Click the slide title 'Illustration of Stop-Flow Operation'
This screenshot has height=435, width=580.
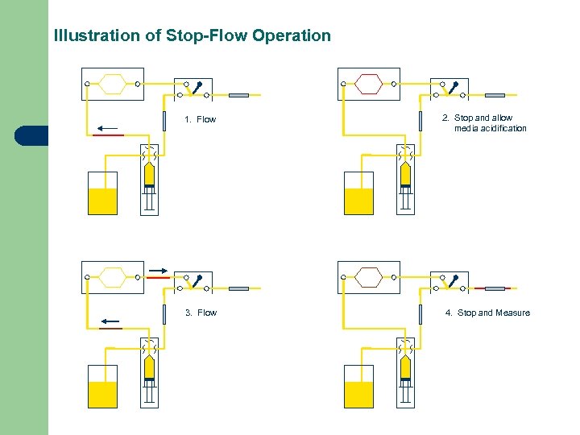192,36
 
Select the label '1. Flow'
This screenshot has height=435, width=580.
201,120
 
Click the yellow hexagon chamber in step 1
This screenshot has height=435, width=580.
112,83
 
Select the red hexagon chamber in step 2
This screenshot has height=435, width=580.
368,83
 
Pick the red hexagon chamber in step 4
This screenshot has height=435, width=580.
368,276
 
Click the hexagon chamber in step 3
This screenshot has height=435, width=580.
112,276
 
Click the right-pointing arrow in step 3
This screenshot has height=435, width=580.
158,271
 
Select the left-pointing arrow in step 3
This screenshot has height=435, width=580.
110,321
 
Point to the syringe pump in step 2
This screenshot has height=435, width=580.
405,181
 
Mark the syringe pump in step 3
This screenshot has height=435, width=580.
149,375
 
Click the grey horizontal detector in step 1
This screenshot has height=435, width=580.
239,95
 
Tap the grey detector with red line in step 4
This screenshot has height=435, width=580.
495,288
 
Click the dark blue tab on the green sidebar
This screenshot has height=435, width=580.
31,135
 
